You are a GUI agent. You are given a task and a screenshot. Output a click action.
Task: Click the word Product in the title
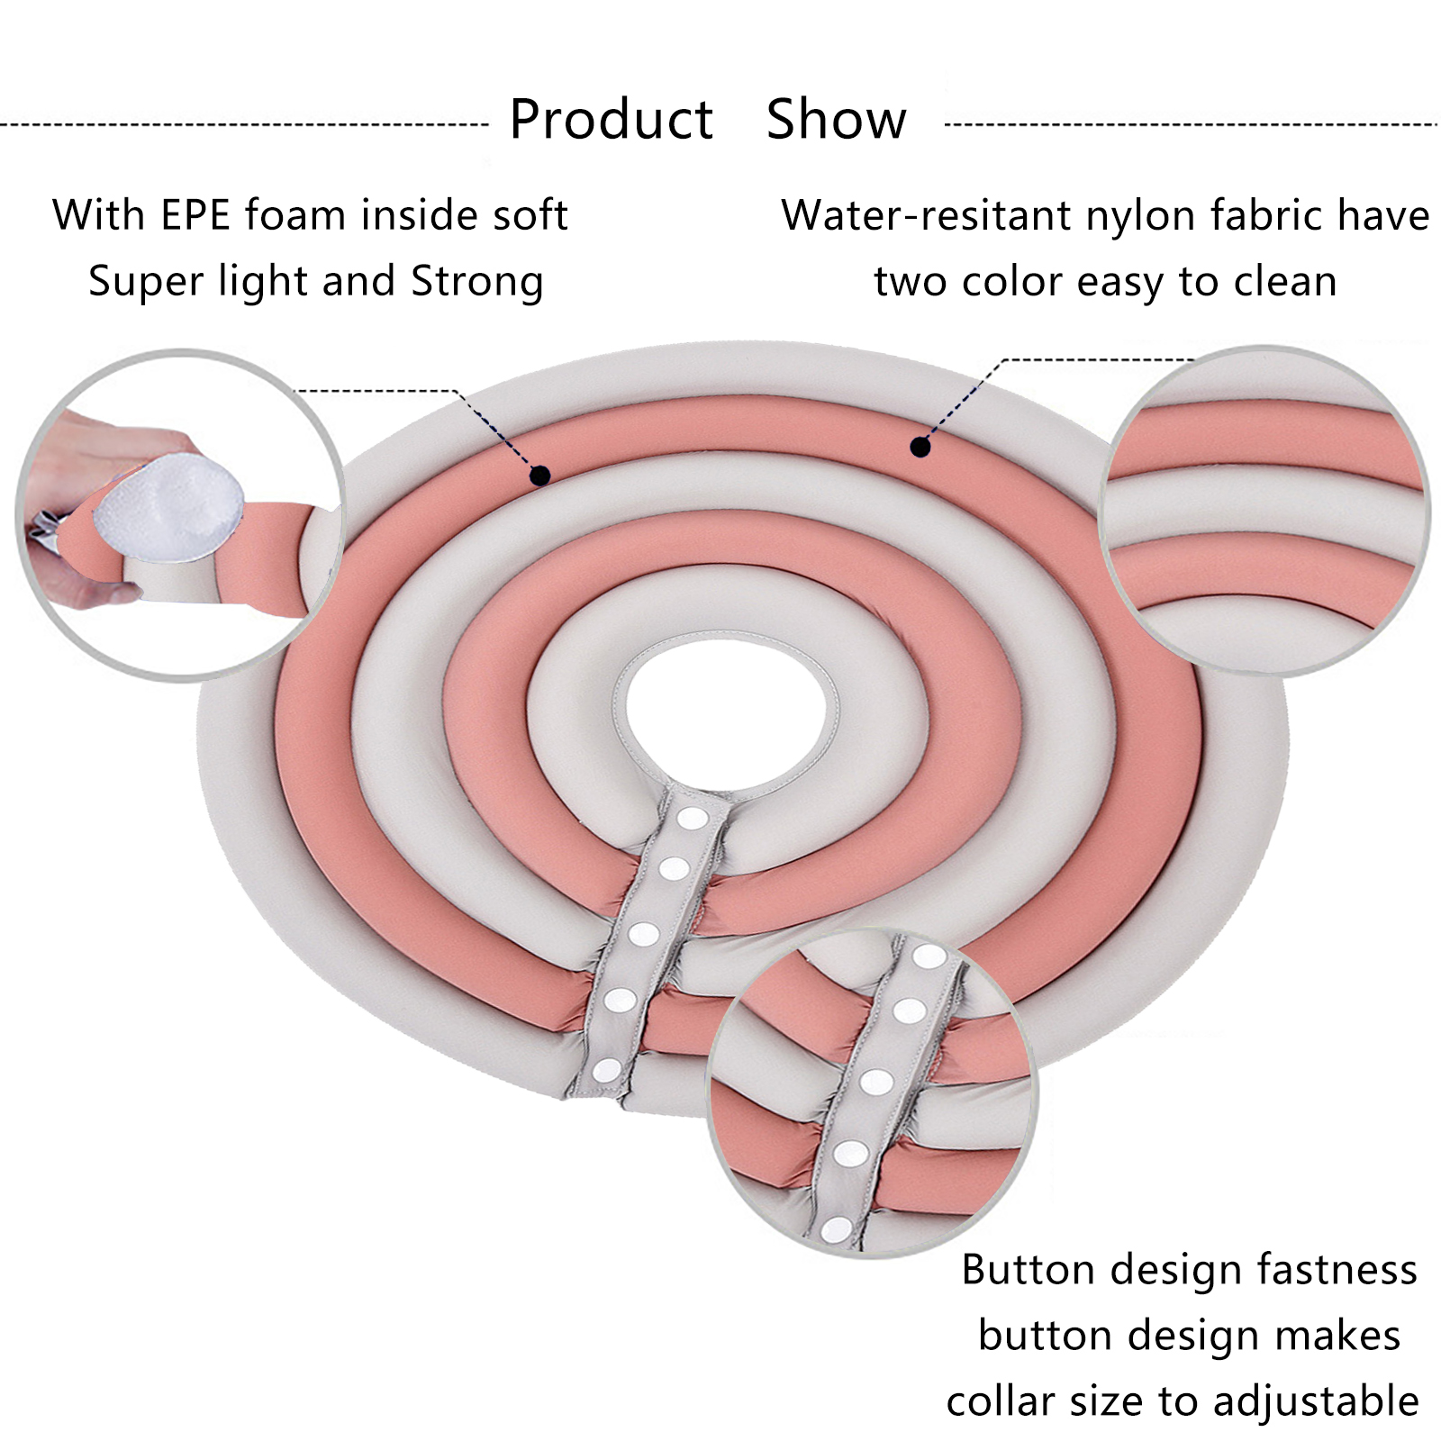pyautogui.click(x=611, y=120)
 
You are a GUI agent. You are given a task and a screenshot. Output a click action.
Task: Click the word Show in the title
pyautogui.click(x=836, y=120)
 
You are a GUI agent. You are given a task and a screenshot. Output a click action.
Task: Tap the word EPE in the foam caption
pyautogui.click(x=196, y=216)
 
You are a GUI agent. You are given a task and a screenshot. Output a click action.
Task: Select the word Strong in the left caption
pyautogui.click(x=477, y=282)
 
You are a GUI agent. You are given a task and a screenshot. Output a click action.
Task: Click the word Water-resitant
pyautogui.click(x=926, y=216)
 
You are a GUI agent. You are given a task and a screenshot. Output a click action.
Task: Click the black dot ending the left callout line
pyautogui.click(x=539, y=476)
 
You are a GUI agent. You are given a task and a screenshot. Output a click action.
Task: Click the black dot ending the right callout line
pyautogui.click(x=920, y=446)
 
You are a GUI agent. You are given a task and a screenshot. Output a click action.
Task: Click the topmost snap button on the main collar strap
pyautogui.click(x=692, y=819)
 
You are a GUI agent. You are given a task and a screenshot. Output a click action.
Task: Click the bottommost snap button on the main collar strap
pyautogui.click(x=606, y=1070)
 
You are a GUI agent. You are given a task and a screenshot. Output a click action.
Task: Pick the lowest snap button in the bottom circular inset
pyautogui.click(x=837, y=1228)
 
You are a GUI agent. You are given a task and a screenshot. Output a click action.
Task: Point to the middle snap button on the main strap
pyautogui.click(x=643, y=934)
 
